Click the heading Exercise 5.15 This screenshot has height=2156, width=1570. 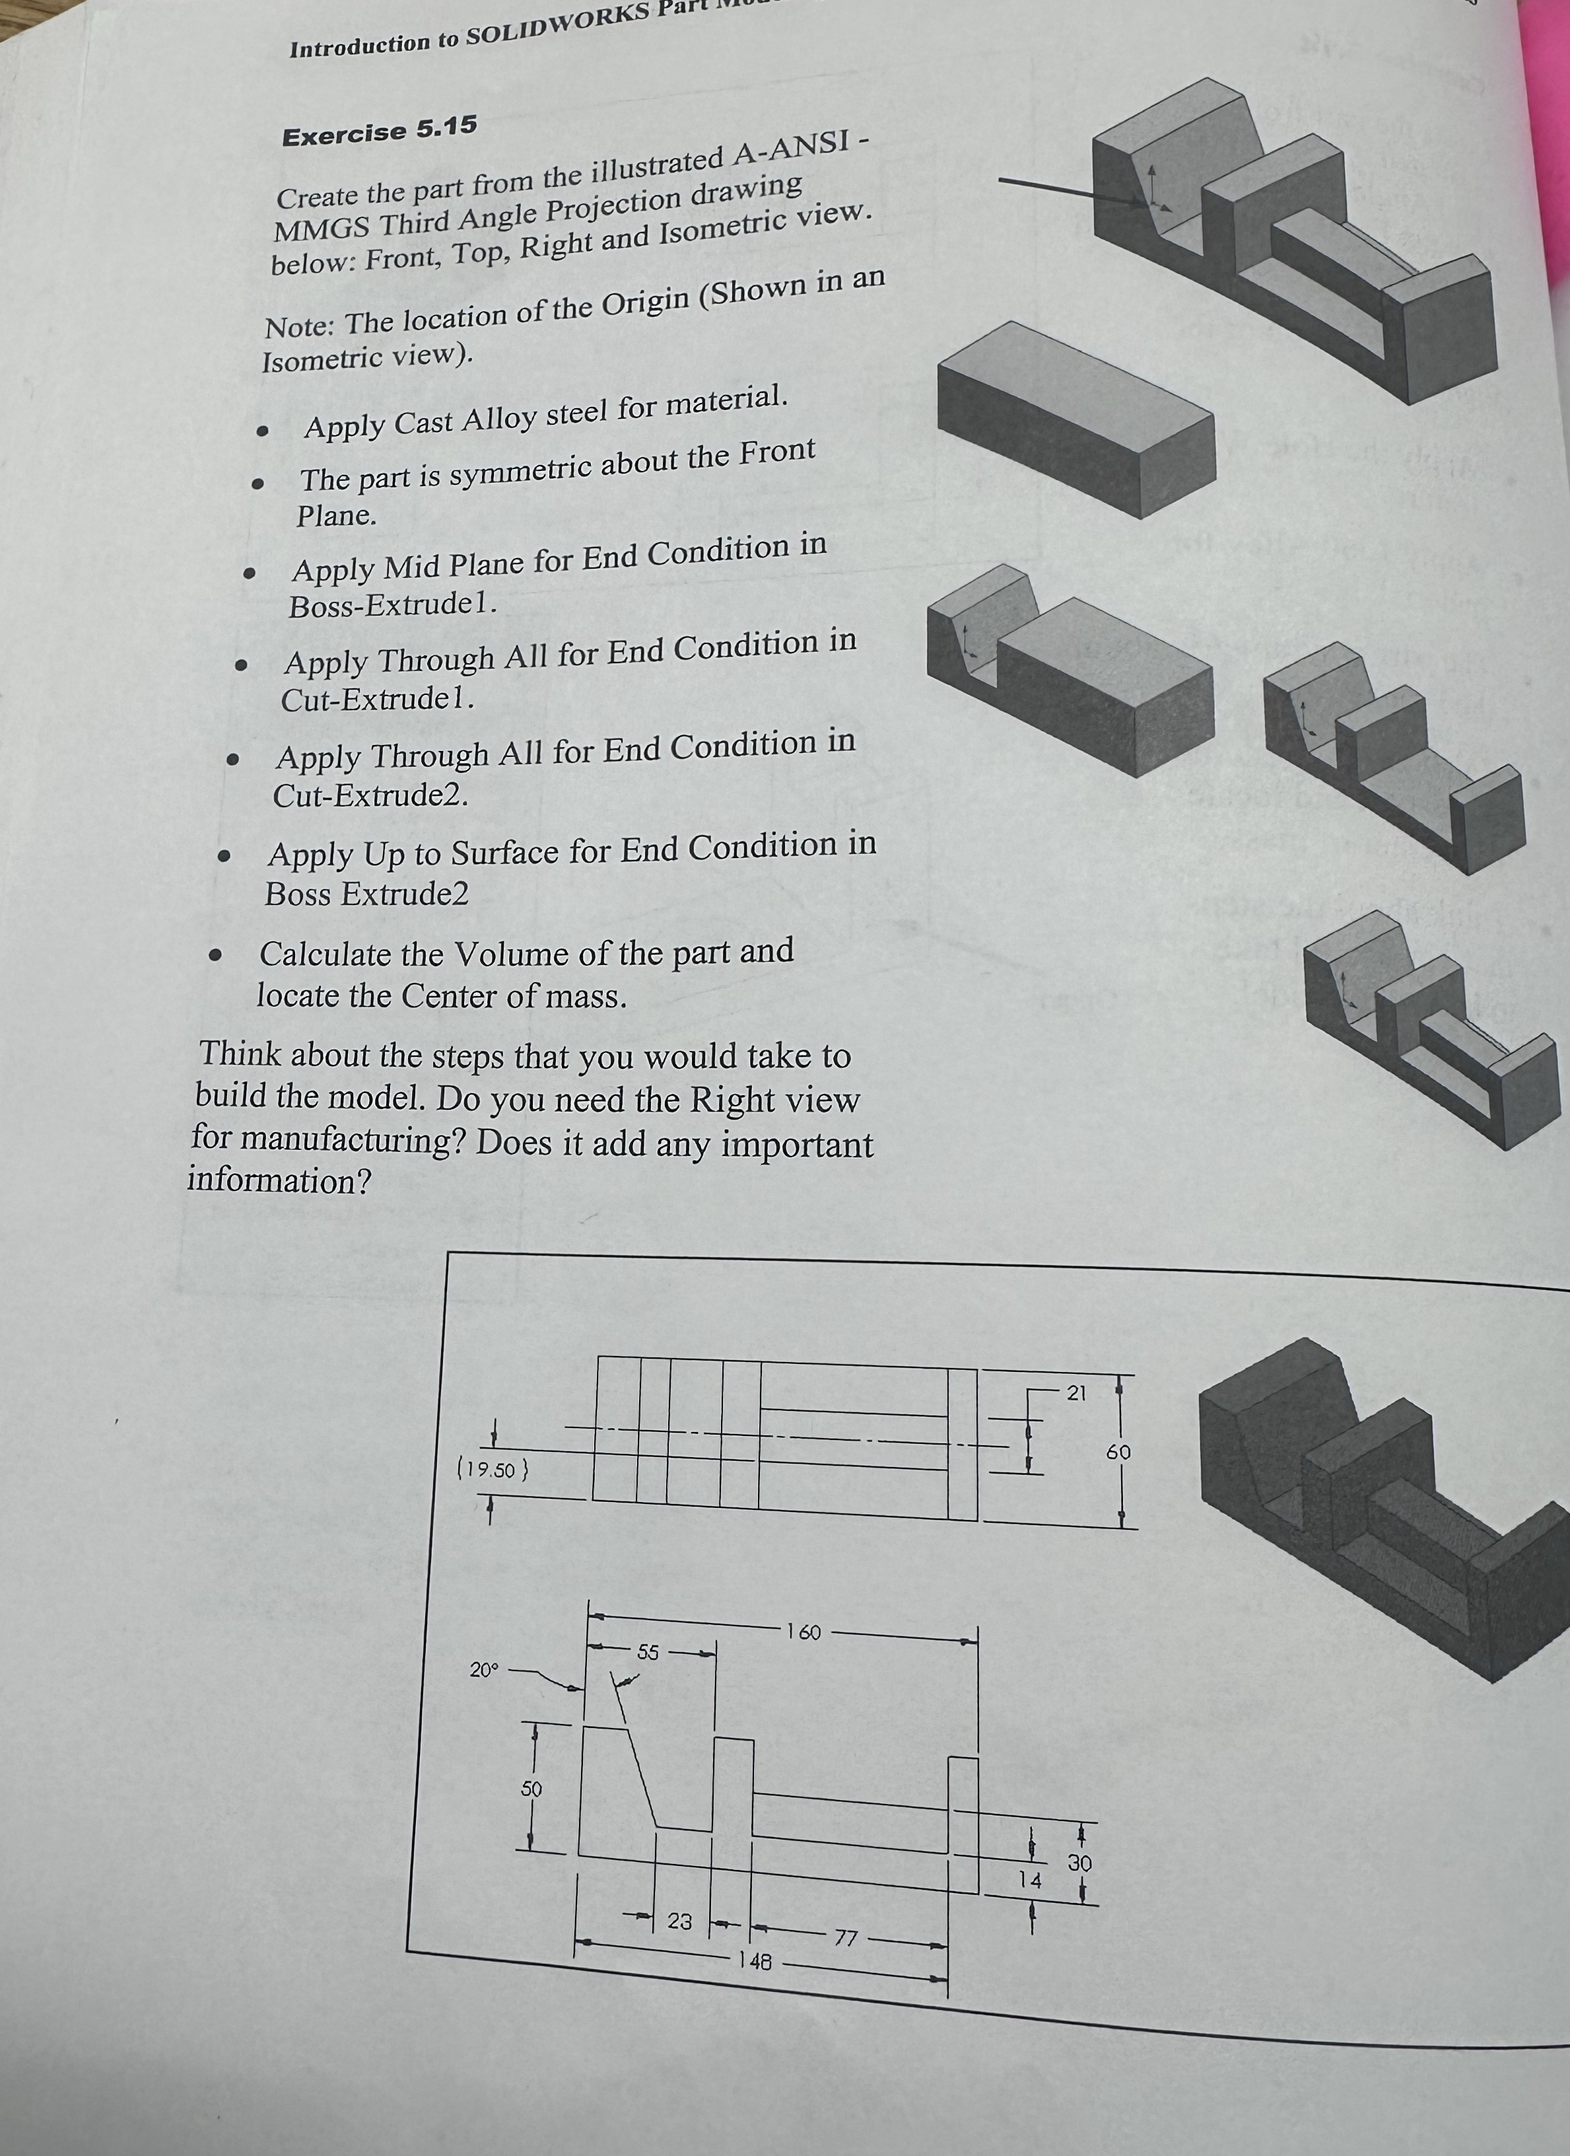point(379,132)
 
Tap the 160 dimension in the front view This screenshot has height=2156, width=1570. point(803,1632)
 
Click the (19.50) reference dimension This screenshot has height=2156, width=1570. point(493,1470)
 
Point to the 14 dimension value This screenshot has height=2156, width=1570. point(1029,1879)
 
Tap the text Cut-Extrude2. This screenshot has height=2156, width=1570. point(370,795)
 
